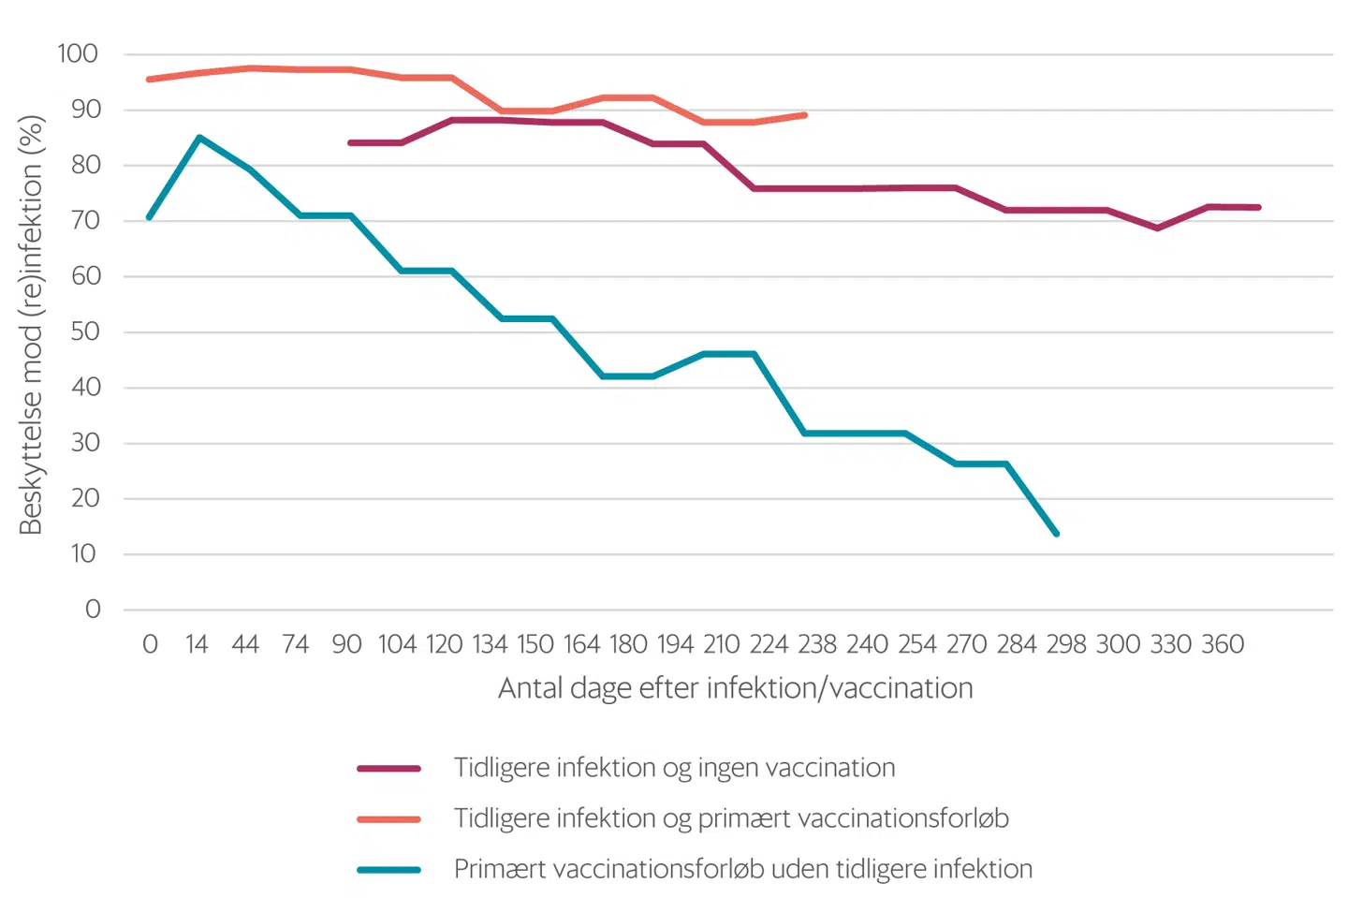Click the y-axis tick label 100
[x=78, y=53]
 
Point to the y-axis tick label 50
[x=85, y=331]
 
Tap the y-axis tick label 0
[x=93, y=610]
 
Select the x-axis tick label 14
[x=196, y=644]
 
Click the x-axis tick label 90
[x=346, y=644]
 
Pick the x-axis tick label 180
[x=628, y=644]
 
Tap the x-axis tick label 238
[x=817, y=644]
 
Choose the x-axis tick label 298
[x=1066, y=644]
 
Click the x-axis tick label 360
[x=1223, y=644]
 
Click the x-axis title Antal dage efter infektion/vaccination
[x=735, y=688]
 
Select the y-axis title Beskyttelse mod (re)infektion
[x=31, y=325]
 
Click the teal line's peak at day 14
[x=199, y=138]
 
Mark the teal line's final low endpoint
[x=1057, y=534]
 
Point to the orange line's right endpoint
[x=805, y=115]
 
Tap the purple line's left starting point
[x=350, y=143]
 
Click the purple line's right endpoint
[x=1259, y=208]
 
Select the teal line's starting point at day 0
[x=150, y=217]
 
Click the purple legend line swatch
[x=388, y=769]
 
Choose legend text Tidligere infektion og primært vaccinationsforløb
[x=731, y=818]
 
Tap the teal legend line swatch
[x=388, y=870]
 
